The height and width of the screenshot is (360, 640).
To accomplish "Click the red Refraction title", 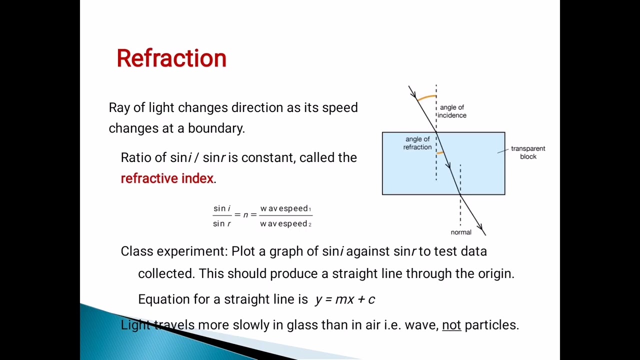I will [171, 58].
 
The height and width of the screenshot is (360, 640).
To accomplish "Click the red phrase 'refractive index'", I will [167, 178].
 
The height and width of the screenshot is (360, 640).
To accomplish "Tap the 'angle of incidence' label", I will [452, 111].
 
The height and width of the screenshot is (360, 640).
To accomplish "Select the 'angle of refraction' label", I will [417, 143].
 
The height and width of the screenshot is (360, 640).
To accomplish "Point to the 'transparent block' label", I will [528, 152].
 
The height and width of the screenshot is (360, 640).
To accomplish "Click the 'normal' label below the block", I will [461, 232].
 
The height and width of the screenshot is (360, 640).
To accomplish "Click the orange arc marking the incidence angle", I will [426, 97].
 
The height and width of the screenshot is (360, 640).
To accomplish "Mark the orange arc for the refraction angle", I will [440, 152].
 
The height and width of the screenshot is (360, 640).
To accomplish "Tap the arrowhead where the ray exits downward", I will [481, 229].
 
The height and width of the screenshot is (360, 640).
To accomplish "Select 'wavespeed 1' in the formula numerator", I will [285, 208].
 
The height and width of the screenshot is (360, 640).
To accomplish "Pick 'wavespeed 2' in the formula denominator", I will [285, 223].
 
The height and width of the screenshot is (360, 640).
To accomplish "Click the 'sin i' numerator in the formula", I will [222, 208].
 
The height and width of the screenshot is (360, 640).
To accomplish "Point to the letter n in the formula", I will [245, 215].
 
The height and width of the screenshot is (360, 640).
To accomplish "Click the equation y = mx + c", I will [345, 299].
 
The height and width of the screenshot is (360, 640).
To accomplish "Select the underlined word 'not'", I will [451, 325].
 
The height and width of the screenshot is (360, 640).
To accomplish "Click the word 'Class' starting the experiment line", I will [136, 251].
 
